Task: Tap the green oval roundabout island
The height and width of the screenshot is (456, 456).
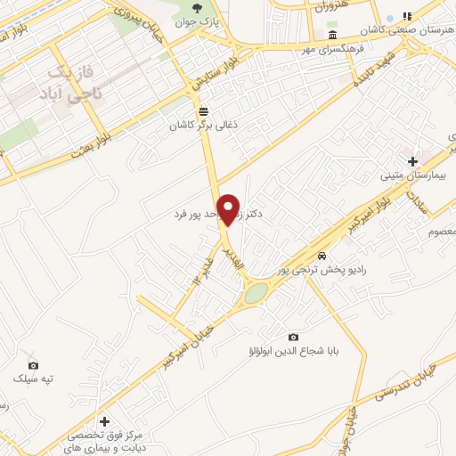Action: coord(256,293)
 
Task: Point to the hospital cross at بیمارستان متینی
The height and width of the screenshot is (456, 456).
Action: coord(412,161)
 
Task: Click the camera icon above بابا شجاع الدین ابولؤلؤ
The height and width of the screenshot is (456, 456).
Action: coord(293,337)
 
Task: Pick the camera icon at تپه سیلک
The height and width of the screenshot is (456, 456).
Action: coord(33,365)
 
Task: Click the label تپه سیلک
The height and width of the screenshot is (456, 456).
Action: coord(33,379)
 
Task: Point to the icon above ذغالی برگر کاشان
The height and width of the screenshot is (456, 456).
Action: coord(204,111)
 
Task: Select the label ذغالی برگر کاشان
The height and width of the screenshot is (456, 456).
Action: coord(204,126)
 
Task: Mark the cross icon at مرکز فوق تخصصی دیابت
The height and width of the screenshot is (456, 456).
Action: coord(105,421)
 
